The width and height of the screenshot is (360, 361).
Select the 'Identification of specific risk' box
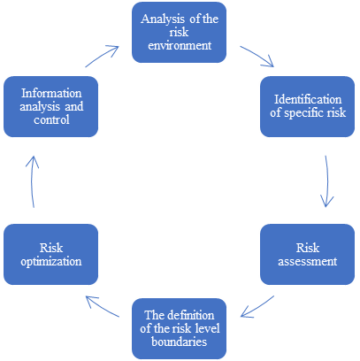click(303, 104)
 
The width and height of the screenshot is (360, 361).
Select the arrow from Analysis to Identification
click(257, 56)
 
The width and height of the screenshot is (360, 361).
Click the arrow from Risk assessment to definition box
click(259, 307)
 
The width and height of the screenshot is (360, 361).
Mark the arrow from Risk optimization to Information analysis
click(33, 181)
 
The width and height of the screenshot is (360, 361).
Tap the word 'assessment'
click(303, 262)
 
